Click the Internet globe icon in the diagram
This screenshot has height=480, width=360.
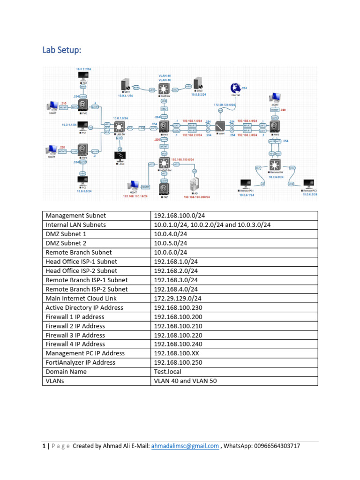(x=234, y=89)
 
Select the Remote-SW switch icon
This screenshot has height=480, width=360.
(x=274, y=165)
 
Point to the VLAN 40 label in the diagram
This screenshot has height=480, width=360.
(x=165, y=75)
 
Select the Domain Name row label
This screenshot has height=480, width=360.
(x=65, y=372)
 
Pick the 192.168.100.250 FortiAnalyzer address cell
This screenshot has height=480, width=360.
(x=180, y=362)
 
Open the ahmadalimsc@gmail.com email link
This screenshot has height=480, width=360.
(x=185, y=446)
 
